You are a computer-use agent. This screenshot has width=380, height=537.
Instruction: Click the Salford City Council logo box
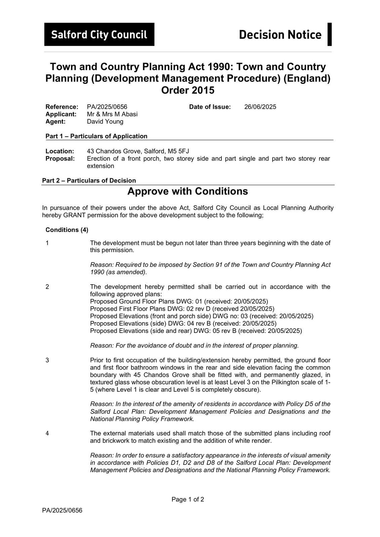(x=99, y=34)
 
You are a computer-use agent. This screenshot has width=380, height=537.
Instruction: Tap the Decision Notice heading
(x=280, y=35)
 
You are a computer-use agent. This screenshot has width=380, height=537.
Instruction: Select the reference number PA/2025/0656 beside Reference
(x=107, y=107)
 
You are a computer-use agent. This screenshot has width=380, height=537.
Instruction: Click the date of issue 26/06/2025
(x=260, y=107)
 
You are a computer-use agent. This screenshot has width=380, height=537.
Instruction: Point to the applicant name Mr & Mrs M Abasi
(x=112, y=114)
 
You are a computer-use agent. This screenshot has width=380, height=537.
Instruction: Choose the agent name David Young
(x=105, y=121)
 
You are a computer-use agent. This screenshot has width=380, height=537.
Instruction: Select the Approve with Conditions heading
(x=187, y=191)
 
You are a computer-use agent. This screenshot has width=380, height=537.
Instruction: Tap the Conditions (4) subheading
(x=67, y=230)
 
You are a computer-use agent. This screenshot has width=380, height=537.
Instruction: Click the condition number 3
(x=47, y=360)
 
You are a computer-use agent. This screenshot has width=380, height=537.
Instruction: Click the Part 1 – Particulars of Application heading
(x=96, y=136)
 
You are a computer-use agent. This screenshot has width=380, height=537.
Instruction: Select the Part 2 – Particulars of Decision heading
(x=89, y=181)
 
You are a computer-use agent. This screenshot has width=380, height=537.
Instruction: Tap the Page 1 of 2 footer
(x=187, y=499)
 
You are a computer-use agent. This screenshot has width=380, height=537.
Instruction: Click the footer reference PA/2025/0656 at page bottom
(x=62, y=511)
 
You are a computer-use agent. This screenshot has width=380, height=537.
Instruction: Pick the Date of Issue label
(x=210, y=107)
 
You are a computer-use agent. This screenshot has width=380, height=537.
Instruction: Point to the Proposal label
(x=60, y=158)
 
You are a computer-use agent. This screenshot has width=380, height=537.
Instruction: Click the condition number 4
(x=47, y=433)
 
